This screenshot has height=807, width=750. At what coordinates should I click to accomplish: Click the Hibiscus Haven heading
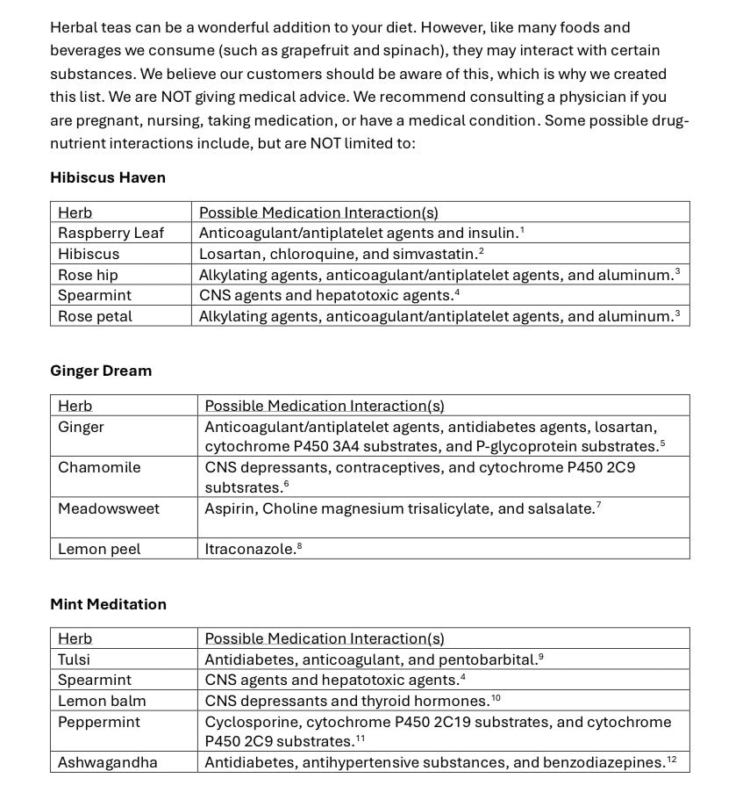coord(107,177)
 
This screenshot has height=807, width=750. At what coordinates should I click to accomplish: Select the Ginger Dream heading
coord(101,371)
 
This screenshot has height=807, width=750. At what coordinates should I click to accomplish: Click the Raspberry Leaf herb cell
coord(111,233)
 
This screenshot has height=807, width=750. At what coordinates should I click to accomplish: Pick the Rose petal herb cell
coord(95,316)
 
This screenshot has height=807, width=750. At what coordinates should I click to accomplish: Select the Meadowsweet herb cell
coord(109,508)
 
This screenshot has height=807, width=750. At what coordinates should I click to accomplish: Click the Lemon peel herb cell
coord(99,549)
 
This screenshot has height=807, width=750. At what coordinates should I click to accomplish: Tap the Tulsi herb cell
coord(74,659)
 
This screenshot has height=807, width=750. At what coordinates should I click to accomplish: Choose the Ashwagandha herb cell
coord(108,762)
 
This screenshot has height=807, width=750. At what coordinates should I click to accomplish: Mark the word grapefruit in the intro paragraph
coord(405,51)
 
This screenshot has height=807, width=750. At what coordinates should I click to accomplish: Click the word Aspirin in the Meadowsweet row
coord(230,508)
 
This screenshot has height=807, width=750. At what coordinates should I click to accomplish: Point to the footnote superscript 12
coord(671,759)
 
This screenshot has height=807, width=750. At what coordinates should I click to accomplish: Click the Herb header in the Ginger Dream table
coord(75,406)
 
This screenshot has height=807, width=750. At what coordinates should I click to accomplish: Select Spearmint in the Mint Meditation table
coord(95,680)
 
